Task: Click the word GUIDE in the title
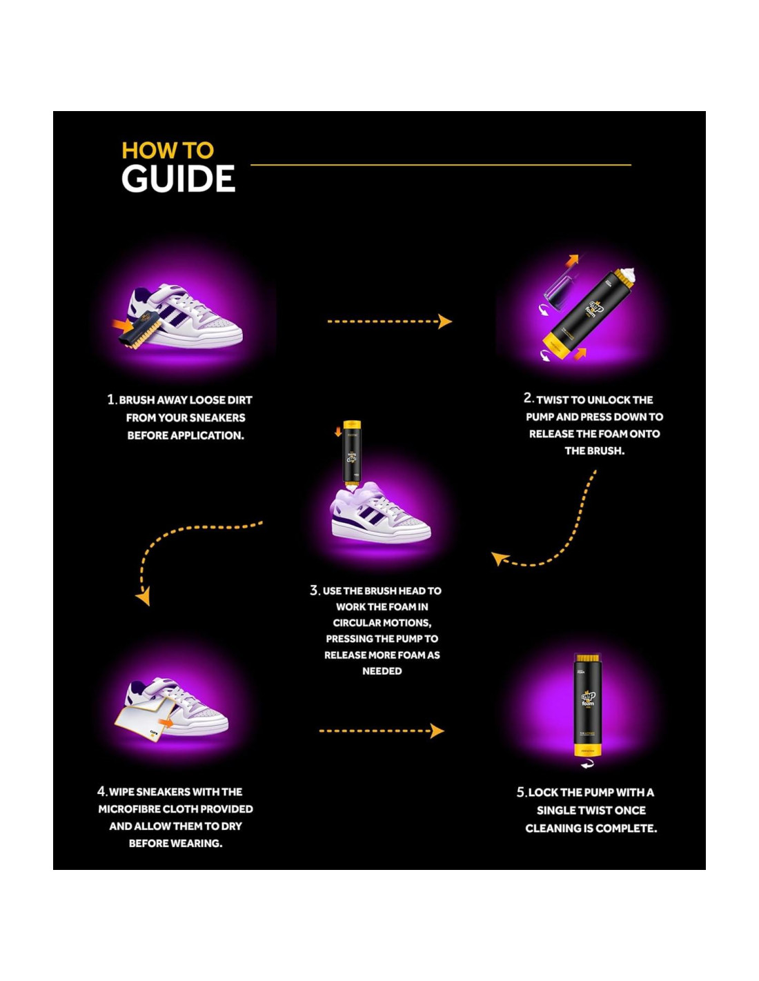[x=178, y=179]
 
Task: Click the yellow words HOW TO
[x=168, y=150]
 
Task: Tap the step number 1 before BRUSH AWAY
[x=110, y=399]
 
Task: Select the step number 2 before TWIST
[x=528, y=398]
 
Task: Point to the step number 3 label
[x=315, y=591]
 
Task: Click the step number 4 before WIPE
[x=101, y=791]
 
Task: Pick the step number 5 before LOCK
[x=521, y=792]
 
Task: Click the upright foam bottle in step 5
[x=588, y=704]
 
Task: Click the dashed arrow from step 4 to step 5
[x=381, y=731]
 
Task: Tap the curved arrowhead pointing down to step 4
[x=144, y=597]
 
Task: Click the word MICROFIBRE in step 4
[x=130, y=809]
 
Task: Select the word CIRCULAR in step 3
[x=362, y=622]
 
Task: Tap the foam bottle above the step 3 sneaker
[x=352, y=452]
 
